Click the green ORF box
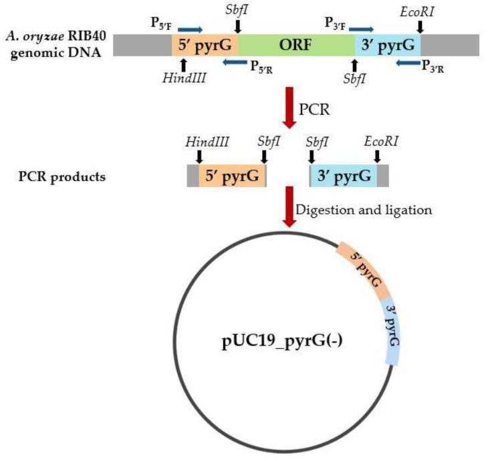[296, 44]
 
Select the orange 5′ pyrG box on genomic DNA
[205, 44]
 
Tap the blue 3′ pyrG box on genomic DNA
[387, 44]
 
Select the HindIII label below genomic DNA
[183, 78]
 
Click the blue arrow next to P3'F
[362, 29]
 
